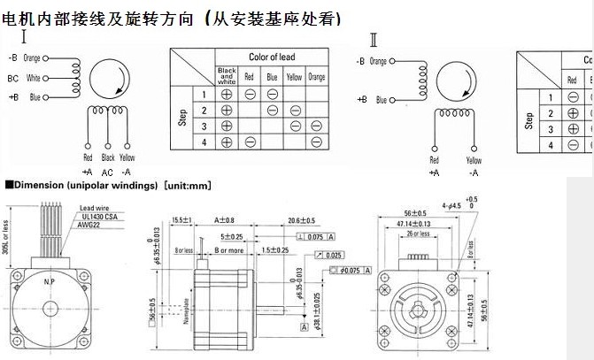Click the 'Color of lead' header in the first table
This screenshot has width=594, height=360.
pos(272,57)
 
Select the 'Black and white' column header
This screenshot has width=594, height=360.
pos(227,77)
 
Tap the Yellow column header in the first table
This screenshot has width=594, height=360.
pos(294,77)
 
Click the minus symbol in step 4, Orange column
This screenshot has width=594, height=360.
pos(318,142)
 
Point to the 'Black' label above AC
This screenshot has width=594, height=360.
pos(108,158)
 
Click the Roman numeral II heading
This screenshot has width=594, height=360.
pos(374,38)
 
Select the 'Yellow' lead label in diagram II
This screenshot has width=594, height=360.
pos(474,160)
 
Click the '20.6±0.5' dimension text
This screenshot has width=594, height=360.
pos(302,219)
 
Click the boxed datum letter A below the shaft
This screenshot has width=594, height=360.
pos(303,326)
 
